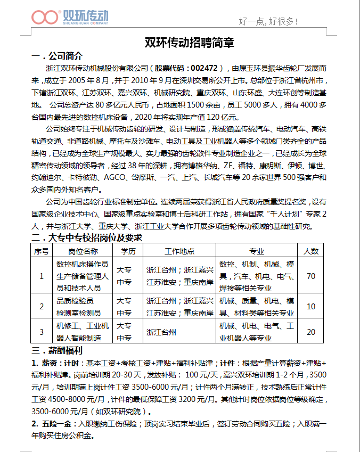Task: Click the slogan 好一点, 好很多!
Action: tap(268, 21)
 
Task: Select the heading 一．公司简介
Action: tap(57, 56)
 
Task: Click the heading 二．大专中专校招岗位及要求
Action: tap(87, 237)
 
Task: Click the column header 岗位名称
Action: tap(83, 251)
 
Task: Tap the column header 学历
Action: tap(128, 251)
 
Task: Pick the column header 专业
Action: tap(257, 251)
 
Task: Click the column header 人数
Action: tap(311, 251)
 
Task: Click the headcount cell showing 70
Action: tap(311, 276)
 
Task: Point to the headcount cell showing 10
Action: tap(311, 306)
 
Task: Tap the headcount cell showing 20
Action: tap(311, 332)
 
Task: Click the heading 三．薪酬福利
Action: tap(57, 351)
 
